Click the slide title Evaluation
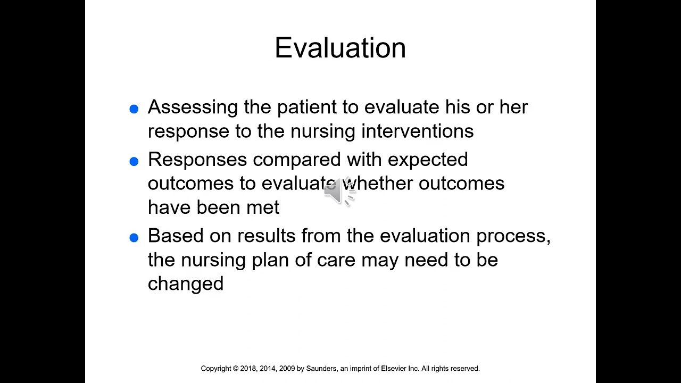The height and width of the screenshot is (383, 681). coord(340,48)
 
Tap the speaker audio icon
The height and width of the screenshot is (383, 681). coord(339,191)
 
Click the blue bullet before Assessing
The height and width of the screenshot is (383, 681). coord(134,109)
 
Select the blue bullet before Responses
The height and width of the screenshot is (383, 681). coord(134,162)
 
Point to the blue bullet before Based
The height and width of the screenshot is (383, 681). coord(134,238)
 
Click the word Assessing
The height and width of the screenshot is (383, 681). coord(193,107)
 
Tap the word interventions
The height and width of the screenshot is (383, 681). coord(417,131)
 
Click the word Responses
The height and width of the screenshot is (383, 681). coord(197,160)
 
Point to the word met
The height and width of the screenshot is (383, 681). coord(262,207)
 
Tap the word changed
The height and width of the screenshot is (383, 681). coord(186,284)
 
